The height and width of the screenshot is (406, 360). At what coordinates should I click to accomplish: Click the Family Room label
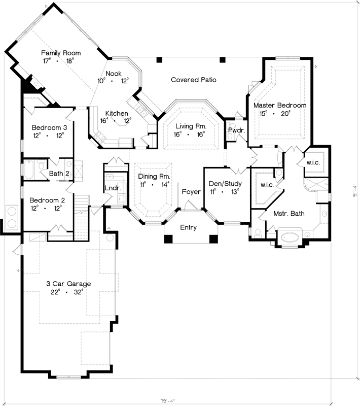click(x=61, y=53)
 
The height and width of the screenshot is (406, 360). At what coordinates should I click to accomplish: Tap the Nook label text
click(x=114, y=74)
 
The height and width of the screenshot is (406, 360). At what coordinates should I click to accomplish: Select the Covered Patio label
click(x=194, y=80)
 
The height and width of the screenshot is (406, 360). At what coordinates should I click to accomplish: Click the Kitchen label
click(x=116, y=113)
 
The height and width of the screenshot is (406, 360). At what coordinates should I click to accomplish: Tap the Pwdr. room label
click(x=237, y=130)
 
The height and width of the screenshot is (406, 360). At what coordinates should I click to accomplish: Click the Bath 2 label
click(x=59, y=174)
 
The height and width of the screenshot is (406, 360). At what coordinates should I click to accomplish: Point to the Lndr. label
click(x=112, y=188)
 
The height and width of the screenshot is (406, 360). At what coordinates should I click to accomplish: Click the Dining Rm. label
click(x=154, y=176)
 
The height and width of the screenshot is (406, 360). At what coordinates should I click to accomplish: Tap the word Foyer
click(x=191, y=192)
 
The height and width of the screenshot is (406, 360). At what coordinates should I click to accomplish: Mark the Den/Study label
click(x=225, y=184)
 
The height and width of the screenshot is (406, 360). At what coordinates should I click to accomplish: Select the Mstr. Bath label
click(x=290, y=214)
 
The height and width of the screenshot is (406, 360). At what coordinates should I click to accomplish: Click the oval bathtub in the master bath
click(x=290, y=237)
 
